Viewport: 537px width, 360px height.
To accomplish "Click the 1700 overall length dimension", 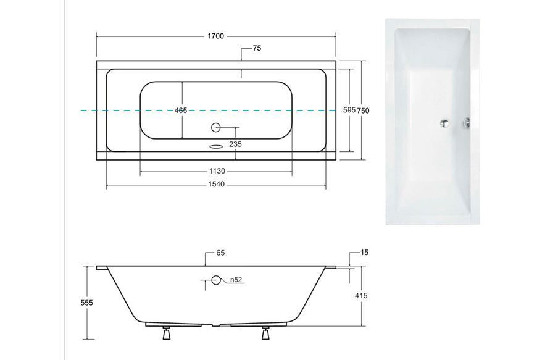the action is pos(216,36).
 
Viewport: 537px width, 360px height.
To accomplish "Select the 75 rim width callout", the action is pos(257,48).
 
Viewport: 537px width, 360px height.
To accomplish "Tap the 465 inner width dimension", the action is pos(181,111).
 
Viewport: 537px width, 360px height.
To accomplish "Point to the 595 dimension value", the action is pos(349,110).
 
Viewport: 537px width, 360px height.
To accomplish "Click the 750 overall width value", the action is pos(364,111).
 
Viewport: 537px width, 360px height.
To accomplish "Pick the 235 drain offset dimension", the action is pos(235,144).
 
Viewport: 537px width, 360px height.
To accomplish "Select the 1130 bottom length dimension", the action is pos(217,171).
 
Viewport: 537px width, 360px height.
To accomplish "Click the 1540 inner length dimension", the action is pos(217,184).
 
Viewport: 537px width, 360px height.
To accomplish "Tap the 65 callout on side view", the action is pos(220,253).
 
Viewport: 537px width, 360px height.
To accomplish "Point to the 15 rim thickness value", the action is pos(364,253).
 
